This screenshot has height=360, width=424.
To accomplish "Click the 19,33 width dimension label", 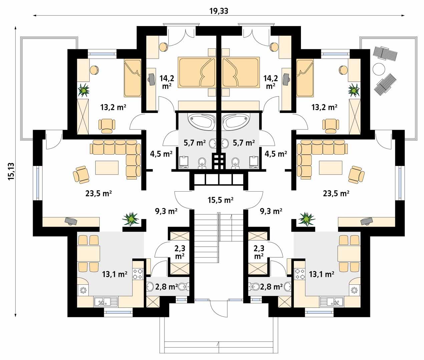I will [219, 11].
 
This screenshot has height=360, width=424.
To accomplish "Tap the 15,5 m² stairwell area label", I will [219, 200].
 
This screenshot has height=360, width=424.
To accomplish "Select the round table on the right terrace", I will [378, 69].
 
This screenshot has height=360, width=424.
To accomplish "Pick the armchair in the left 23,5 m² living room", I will [81, 175].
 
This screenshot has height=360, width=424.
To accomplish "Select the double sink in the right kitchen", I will [332, 302].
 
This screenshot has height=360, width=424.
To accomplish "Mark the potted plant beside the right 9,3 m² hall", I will [306, 219].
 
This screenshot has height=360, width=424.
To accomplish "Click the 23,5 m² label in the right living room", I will [336, 193].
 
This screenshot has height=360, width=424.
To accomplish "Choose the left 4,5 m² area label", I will [161, 154].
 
